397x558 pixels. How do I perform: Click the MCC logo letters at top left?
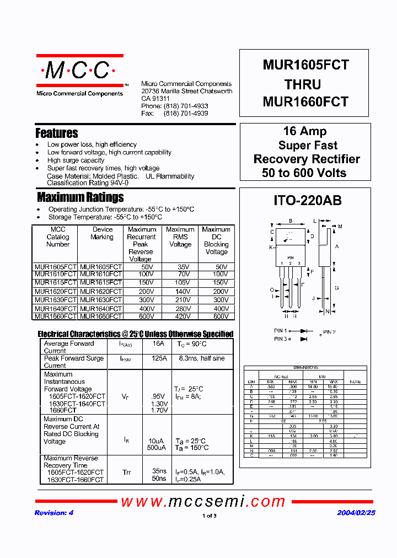coord(77,71)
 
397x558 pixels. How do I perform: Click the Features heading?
coord(56,133)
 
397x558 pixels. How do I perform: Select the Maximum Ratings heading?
coord(80,197)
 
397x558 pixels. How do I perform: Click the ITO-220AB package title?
coord(307,201)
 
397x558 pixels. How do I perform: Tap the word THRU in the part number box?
coord(303,84)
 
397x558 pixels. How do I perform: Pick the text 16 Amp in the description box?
coord(304,131)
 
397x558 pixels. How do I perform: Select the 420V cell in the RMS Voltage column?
coord(180,316)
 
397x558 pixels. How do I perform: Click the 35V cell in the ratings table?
coord(180,266)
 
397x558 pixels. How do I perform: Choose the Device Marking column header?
coord(103,233)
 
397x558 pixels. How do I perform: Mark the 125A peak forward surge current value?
coord(159,358)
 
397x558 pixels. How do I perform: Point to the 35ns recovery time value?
coord(159,472)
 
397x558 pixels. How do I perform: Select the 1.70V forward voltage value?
coord(159,410)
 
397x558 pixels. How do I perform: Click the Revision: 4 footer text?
coord(54,513)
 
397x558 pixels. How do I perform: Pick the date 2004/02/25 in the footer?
coord(356,513)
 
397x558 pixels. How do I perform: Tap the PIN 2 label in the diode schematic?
coord(329,332)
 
